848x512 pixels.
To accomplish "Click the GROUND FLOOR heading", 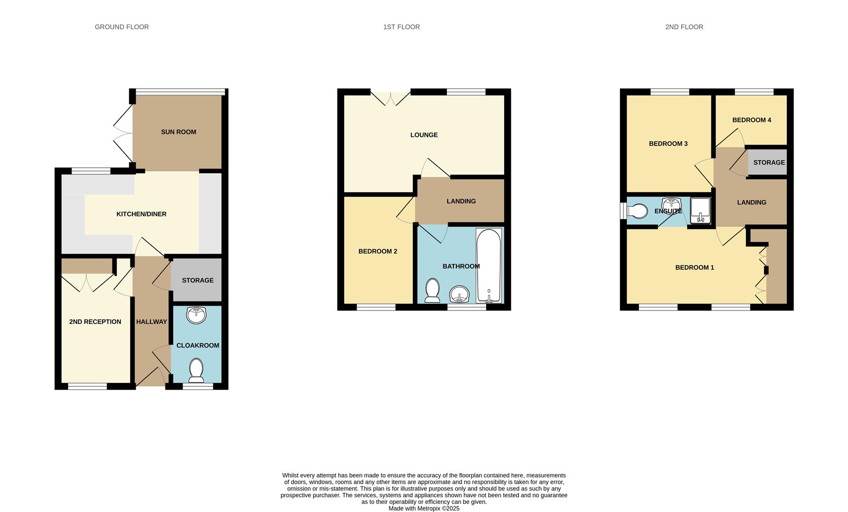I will (122, 27).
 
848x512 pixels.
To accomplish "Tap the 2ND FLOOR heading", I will (684, 27).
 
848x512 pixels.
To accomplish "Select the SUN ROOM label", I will (178, 132).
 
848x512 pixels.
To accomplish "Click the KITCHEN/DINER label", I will (141, 214).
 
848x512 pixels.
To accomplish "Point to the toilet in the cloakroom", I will (196, 370).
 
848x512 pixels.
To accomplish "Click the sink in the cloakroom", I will (196, 315).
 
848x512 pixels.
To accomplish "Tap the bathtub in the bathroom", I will (489, 265).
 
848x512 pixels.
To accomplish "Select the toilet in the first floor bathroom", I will (432, 290).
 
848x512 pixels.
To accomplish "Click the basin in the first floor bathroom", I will (459, 294).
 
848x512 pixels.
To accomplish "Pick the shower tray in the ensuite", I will (700, 210).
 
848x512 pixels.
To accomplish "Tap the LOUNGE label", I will (424, 135).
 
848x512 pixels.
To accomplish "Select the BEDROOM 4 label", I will (752, 120).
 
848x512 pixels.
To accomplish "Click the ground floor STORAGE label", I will (198, 280).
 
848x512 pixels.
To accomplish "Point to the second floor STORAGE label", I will (769, 162).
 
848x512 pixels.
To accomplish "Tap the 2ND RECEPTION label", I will (95, 321).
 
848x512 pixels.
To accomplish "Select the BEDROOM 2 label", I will (378, 251).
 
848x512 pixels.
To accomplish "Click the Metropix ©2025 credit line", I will (424, 508).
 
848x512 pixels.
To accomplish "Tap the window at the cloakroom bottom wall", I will (198, 387).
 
